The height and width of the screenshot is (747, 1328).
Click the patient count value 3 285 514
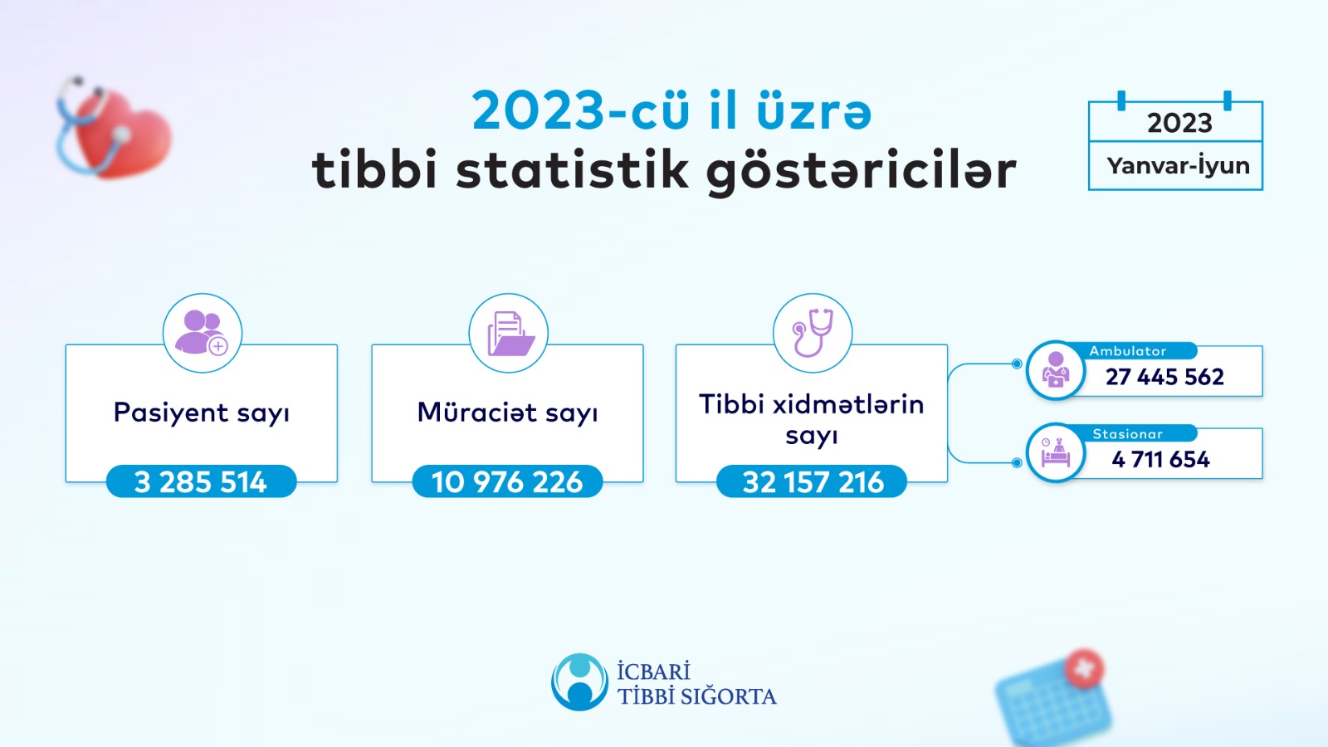(201, 482)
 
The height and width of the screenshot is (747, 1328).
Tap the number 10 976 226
(507, 482)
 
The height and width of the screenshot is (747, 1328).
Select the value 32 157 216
(813, 482)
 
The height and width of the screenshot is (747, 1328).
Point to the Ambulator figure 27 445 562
(1164, 377)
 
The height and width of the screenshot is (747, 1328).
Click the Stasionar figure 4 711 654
(1160, 459)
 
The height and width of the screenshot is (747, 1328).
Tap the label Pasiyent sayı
(202, 413)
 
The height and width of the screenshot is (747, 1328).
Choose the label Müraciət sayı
(507, 413)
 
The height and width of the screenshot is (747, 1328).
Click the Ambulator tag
(1128, 351)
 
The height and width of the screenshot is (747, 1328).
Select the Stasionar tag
(1128, 434)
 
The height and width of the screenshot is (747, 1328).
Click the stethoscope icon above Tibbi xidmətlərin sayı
(813, 333)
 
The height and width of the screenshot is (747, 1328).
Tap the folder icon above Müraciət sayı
(509, 333)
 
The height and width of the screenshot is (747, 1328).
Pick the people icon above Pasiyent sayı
(203, 333)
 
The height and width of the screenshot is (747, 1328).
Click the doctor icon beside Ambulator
(1056, 370)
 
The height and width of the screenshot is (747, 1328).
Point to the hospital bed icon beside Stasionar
(1056, 453)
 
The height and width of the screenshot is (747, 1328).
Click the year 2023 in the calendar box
(1179, 123)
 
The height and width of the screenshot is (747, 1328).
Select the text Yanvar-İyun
(1178, 166)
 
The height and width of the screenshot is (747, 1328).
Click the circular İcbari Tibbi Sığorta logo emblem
(579, 682)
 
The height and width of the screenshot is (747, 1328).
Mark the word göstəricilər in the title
(861, 170)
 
